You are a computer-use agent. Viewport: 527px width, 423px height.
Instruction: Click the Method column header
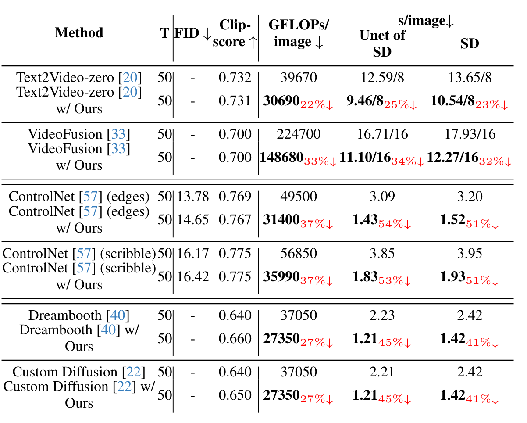tap(79, 33)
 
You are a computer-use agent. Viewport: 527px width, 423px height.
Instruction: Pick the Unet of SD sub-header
tap(382, 43)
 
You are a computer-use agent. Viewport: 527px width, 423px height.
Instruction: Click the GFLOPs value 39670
tap(298, 78)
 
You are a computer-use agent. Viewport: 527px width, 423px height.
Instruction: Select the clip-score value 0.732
tap(235, 78)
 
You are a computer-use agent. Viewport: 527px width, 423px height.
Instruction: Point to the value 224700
tap(298, 134)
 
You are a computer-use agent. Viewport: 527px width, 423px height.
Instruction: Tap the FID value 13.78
tap(193, 197)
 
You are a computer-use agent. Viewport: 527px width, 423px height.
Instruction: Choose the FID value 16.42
tap(193, 277)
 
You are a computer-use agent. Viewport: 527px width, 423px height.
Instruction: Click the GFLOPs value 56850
tap(298, 254)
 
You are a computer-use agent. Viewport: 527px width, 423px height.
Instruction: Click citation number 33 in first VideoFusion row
tap(118, 134)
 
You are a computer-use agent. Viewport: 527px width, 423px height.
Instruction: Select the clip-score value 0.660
tap(235, 339)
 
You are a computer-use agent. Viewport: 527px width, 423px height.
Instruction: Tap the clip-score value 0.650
tap(235, 395)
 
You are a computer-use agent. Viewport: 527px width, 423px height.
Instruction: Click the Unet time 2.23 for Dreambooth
tap(382, 315)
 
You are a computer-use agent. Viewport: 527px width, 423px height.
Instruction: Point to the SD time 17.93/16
tap(470, 134)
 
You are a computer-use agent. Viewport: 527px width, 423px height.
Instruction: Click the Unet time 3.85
tap(382, 254)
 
